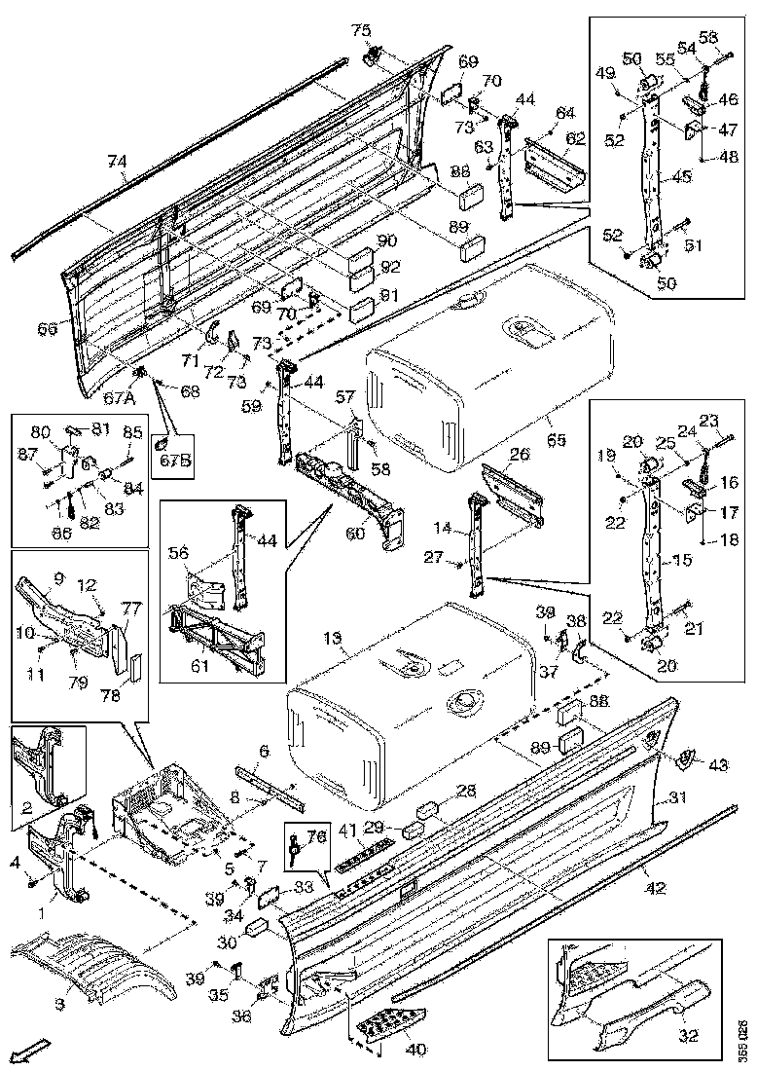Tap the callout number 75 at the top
click(361, 30)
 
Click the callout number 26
click(519, 455)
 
